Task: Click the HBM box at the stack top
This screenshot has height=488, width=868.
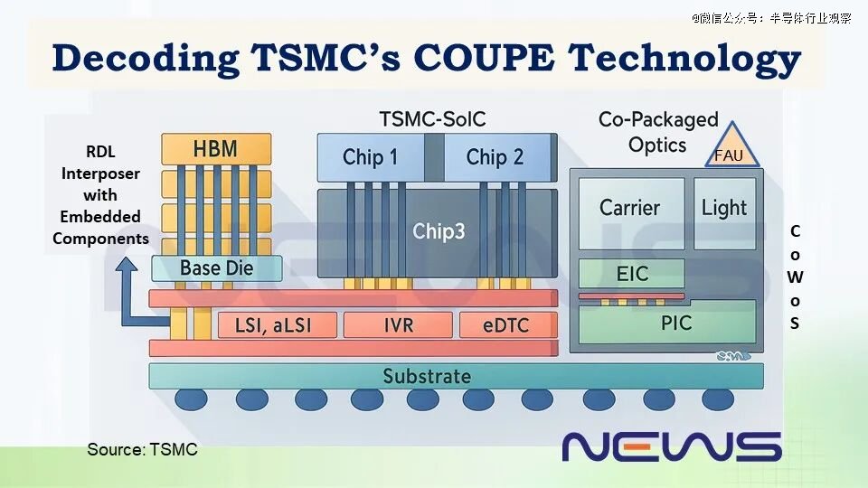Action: click(216, 149)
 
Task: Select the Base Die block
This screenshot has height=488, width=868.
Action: click(217, 268)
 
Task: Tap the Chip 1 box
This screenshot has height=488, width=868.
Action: click(371, 157)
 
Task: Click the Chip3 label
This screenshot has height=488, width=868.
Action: click(439, 231)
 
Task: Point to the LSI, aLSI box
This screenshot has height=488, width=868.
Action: click(277, 324)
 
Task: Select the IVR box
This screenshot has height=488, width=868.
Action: click(398, 324)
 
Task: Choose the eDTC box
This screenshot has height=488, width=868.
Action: click(507, 324)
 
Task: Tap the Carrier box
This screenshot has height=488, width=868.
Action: click(631, 213)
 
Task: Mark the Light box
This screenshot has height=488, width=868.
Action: click(724, 213)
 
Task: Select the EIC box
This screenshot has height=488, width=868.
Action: click(632, 273)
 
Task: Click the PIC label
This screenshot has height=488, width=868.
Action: click(676, 323)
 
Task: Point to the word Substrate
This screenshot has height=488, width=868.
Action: click(427, 376)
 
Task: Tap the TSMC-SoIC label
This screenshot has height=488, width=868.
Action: click(432, 119)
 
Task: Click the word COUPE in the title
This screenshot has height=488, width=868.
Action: click(484, 57)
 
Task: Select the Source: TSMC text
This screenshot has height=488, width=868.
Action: click(142, 449)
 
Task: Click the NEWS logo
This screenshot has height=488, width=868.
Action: click(672, 447)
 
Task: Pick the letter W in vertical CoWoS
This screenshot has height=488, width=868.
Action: click(795, 277)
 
